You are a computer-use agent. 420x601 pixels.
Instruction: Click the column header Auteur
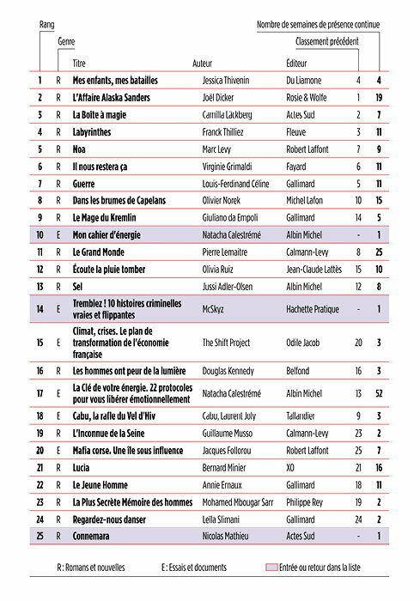203,64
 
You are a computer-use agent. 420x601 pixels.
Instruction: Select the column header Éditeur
296,64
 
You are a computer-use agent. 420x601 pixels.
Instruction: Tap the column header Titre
79,64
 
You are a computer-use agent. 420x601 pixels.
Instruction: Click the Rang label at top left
46,26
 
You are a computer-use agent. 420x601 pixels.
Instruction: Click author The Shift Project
226,343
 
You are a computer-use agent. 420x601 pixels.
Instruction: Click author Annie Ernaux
220,484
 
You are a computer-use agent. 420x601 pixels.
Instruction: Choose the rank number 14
40,309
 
